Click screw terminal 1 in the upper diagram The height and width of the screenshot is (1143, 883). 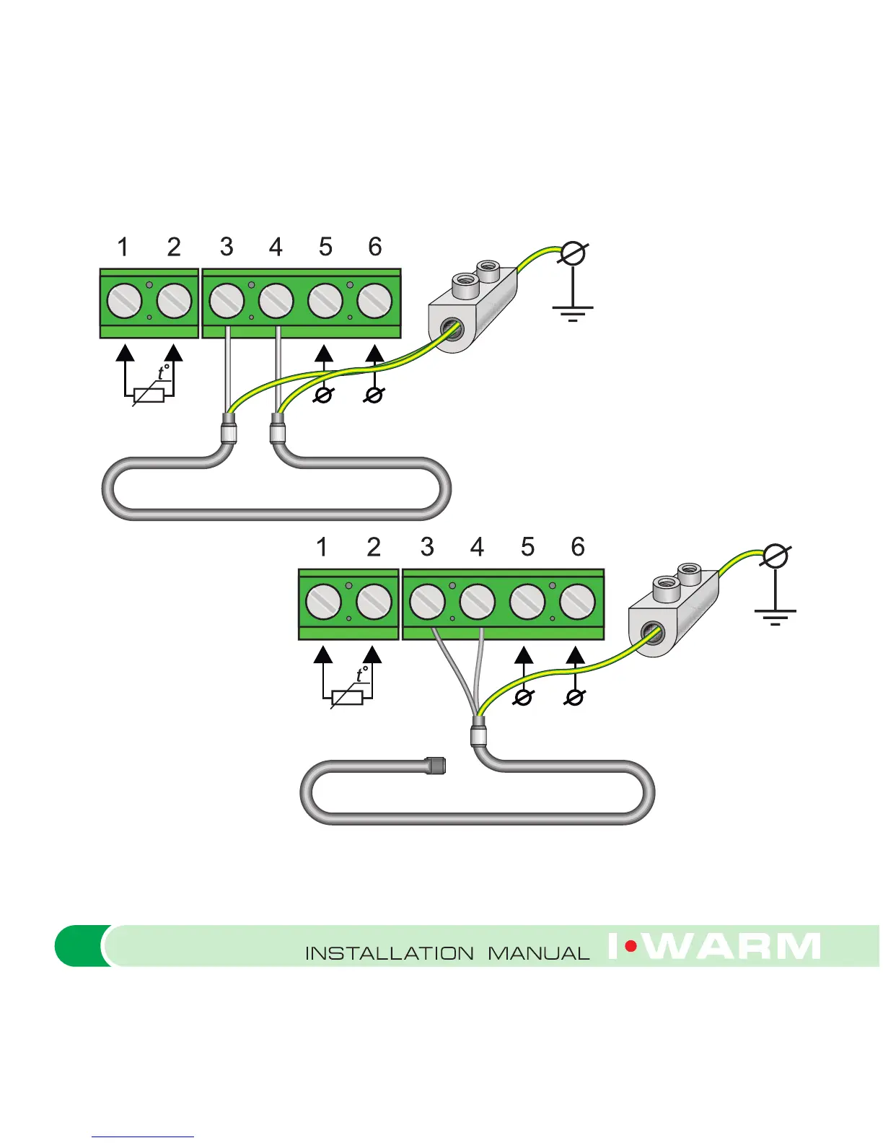coord(125,301)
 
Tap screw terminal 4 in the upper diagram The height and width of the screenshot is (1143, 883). coord(276,301)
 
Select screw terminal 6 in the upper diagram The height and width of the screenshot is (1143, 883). coord(374,301)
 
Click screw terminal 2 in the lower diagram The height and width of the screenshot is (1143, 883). coord(374,602)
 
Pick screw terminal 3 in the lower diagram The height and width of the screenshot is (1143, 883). coord(427,602)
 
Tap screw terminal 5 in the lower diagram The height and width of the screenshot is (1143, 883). coord(527,602)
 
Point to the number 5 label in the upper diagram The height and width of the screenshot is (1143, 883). coord(325,247)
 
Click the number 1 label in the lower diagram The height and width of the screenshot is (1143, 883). coord(322,547)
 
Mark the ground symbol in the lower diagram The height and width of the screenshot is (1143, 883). coord(775,614)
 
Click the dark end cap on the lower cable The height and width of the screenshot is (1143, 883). coord(435,765)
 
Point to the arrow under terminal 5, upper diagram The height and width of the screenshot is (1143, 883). coord(325,354)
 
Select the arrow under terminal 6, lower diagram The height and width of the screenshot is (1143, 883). coord(575,656)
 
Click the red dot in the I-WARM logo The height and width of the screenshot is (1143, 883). coord(631,946)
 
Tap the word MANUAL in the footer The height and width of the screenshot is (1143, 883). coord(538,953)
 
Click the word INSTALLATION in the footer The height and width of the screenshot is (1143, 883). coord(390,953)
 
